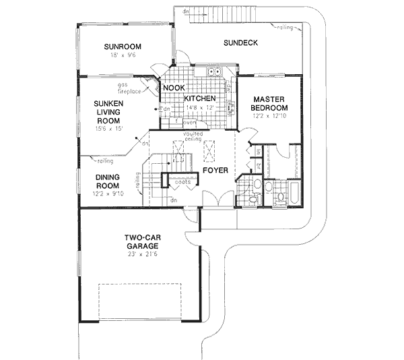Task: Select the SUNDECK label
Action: [240, 44]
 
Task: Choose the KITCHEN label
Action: [200, 98]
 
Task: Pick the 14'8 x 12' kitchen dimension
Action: [200, 107]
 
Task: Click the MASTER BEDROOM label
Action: [269, 103]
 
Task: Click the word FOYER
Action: [216, 171]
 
